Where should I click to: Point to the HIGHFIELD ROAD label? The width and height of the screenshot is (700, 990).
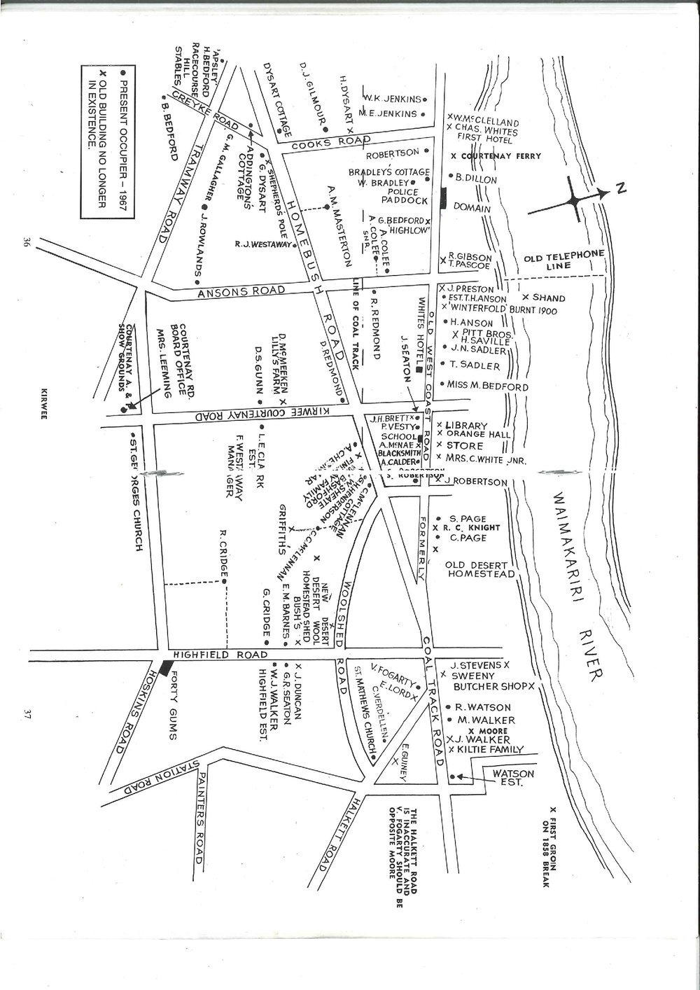(220, 655)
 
